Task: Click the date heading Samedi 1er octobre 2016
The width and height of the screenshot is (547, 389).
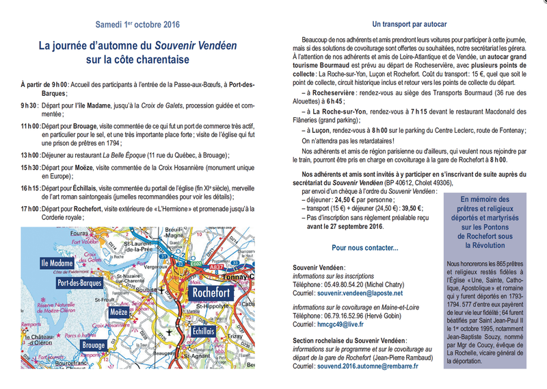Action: [x=137, y=25]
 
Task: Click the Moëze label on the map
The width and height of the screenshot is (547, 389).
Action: [x=119, y=312]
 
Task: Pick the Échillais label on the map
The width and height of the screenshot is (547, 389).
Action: [x=204, y=331]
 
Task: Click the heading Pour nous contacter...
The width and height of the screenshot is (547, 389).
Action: [x=364, y=247]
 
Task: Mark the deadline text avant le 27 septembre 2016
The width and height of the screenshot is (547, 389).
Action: [x=347, y=226]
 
